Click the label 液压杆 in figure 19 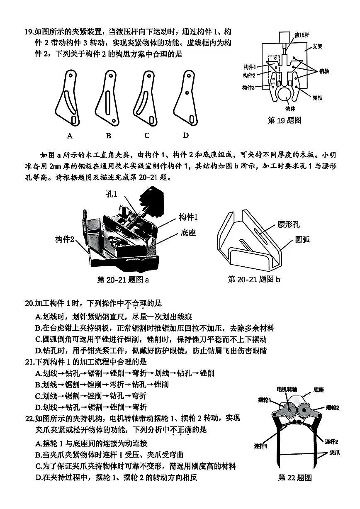302,35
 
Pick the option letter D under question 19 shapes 186,135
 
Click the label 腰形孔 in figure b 289,225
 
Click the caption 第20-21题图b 254,279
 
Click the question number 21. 29,362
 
